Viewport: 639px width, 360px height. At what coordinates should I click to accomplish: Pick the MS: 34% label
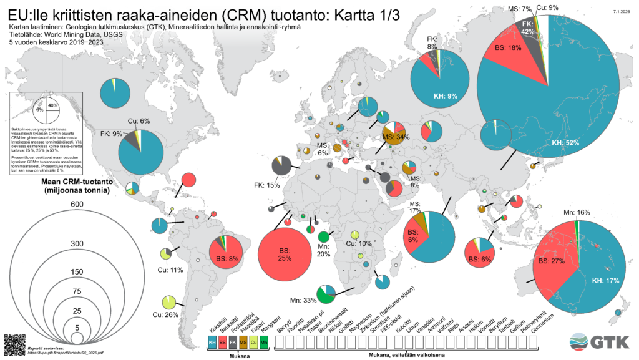pos(396,137)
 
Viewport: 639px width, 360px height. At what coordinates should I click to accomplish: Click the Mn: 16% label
pos(577,212)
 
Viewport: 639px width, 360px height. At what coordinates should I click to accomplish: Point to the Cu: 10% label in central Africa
pos(359,243)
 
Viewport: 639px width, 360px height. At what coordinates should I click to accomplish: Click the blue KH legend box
pos(212,343)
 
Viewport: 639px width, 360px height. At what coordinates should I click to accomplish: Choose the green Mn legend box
pos(263,343)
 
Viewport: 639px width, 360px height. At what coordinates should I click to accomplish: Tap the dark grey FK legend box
pos(233,343)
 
